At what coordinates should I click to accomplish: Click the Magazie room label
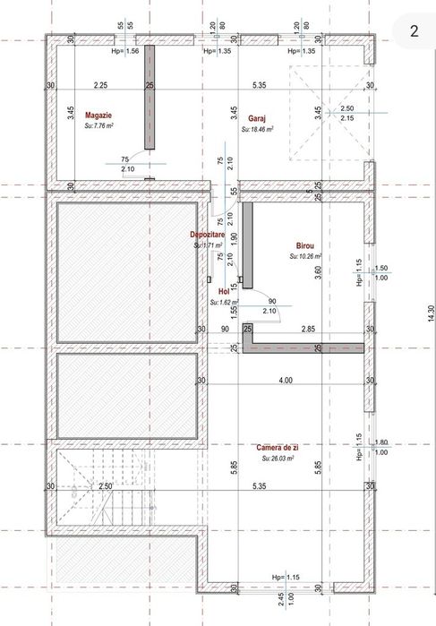pos(98,116)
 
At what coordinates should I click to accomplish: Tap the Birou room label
pos(305,244)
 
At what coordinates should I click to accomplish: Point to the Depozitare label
pos(206,235)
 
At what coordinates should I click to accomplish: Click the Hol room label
pos(224,291)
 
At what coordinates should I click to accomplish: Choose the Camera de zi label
pos(277,447)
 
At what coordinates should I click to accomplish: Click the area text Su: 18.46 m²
pos(257,129)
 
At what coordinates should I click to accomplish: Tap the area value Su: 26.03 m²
pos(280,458)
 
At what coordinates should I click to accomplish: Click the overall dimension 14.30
pos(431,313)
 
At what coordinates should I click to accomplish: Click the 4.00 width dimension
pos(285,381)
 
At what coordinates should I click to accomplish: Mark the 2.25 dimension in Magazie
pos(100,85)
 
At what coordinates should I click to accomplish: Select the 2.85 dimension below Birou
pos(307,330)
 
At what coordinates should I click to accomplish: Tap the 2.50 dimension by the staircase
pos(105,486)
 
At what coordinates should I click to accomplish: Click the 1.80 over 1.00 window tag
pos(381,447)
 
